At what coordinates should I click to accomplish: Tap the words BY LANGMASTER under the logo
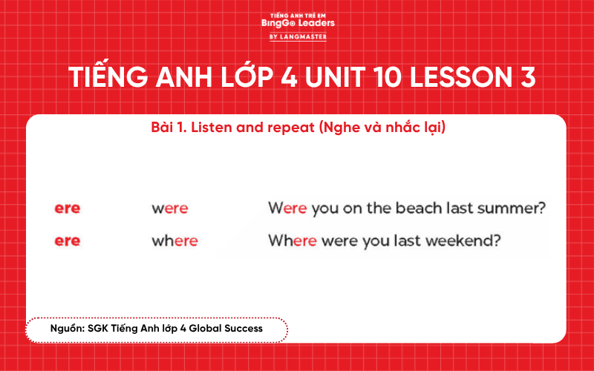[298, 36]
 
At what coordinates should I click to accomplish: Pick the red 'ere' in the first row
[67, 209]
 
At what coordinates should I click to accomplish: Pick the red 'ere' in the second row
[67, 241]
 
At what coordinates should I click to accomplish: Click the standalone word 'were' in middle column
[170, 209]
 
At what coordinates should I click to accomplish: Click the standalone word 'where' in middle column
[174, 241]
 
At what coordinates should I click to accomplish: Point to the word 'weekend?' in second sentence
[467, 241]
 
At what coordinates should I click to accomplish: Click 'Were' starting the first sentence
[287, 209]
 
